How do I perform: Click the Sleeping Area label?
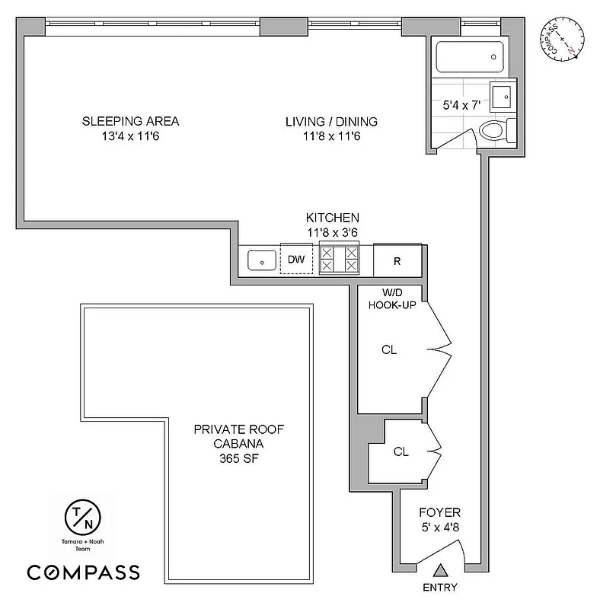[130, 121]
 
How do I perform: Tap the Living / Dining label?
[331, 121]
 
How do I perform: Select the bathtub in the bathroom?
[470, 56]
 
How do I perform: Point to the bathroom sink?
[503, 97]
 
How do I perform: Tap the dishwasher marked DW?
[296, 260]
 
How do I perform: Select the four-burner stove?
[339, 259]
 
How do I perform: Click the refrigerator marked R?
[397, 260]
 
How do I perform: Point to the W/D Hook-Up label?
[391, 298]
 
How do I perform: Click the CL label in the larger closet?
[389, 350]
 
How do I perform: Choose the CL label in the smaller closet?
[401, 451]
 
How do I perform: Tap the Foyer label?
[439, 512]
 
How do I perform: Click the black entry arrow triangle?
[440, 569]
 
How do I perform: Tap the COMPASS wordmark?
[83, 572]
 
